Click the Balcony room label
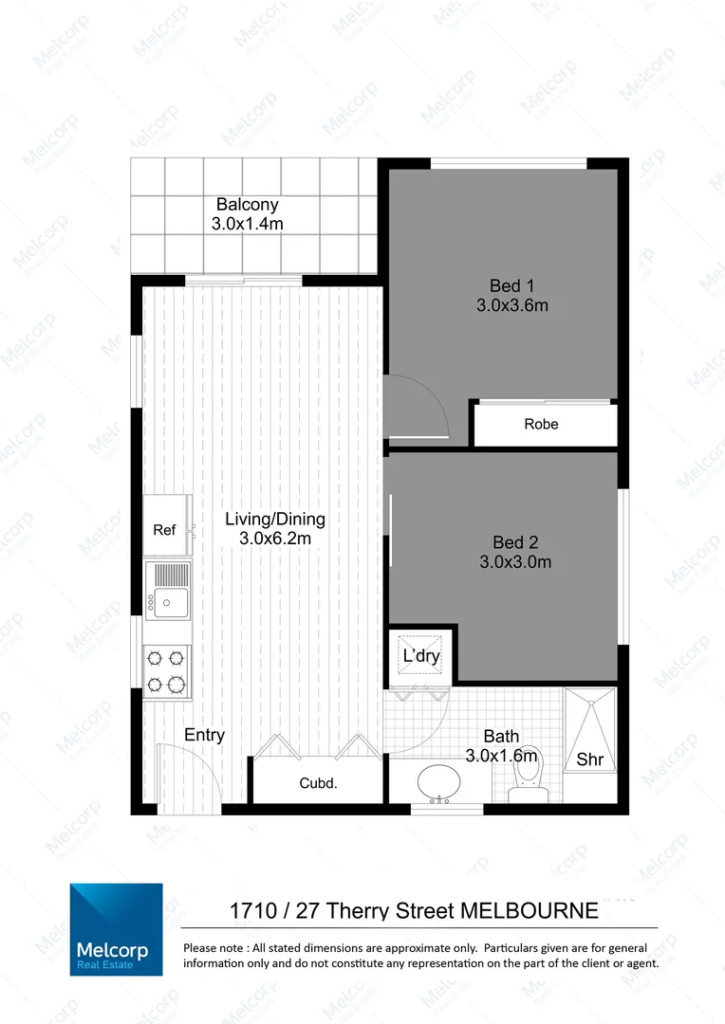(247, 204)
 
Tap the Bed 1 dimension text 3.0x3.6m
(513, 305)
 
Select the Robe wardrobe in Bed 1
(542, 424)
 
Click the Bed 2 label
(515, 542)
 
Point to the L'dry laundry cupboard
(421, 656)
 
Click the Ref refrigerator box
(165, 530)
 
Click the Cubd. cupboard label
(319, 783)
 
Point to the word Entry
(204, 735)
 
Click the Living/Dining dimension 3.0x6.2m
(275, 538)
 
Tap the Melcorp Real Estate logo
(116, 929)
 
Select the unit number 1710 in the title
(255, 911)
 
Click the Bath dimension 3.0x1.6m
(502, 756)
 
